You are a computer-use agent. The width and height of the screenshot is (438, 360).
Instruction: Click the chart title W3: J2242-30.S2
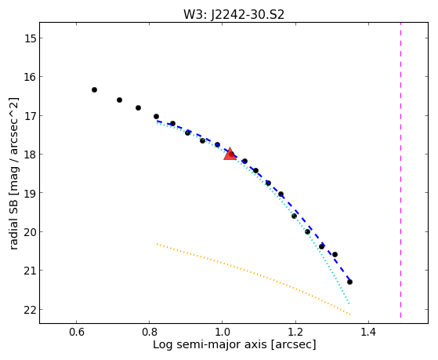coord(233,14)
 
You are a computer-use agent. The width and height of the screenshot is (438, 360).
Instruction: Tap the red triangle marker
coord(230,155)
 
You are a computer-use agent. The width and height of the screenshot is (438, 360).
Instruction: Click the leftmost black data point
coord(94,89)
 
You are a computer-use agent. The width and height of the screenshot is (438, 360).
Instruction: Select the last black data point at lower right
coord(349,282)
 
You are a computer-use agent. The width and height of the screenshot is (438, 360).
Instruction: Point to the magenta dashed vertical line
coord(401,170)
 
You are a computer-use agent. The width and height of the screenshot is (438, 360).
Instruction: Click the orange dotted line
coord(253,279)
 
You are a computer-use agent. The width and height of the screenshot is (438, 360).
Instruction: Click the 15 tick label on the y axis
coord(30,38)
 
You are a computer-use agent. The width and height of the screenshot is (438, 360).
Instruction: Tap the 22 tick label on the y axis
coord(30,310)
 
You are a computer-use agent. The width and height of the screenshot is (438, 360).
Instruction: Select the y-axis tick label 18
coord(30,155)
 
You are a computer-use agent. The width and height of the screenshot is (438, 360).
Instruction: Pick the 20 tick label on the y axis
coord(30,232)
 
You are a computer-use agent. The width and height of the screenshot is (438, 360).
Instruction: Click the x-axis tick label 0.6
coord(76,332)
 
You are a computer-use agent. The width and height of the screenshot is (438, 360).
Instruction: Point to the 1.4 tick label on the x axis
coord(369,332)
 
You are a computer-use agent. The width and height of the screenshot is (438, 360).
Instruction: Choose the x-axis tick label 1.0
coord(223,332)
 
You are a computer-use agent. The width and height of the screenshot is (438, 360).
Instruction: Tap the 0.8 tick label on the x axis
coord(149,332)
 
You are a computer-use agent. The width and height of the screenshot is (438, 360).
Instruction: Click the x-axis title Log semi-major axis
coord(210,345)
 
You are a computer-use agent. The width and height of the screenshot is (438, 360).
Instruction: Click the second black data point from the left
coord(120,100)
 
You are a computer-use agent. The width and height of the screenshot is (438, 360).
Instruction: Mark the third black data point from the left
coord(138,107)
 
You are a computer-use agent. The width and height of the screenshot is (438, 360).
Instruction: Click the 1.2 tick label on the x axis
coord(295,332)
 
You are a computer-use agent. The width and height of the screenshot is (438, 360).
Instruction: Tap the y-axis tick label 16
coord(30,77)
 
